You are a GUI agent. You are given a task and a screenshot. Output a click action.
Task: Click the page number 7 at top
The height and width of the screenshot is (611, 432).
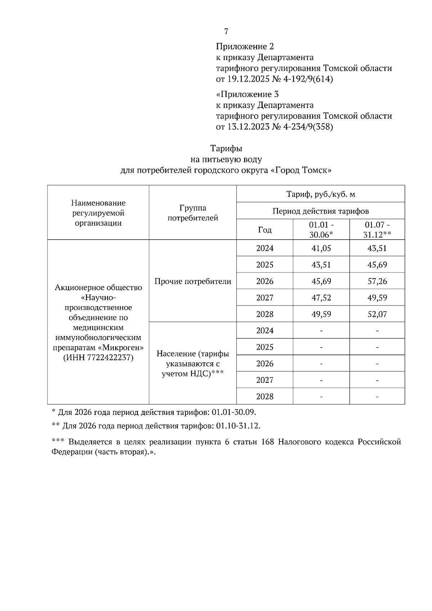click(226, 32)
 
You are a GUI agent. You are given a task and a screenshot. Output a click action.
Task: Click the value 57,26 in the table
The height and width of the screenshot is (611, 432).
click(377, 281)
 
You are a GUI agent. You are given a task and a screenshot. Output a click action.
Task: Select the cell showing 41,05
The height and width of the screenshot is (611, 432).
click(321, 248)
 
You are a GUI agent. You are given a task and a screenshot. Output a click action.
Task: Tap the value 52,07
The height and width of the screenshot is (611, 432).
click(377, 314)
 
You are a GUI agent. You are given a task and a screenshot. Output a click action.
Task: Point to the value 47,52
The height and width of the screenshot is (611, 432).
click(321, 298)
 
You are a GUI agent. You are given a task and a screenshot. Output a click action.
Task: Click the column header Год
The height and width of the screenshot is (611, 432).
click(265, 230)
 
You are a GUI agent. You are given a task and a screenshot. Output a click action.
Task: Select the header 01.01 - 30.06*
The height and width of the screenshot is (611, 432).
click(321, 230)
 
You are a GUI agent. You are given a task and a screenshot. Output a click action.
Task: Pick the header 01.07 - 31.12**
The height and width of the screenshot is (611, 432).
click(377, 230)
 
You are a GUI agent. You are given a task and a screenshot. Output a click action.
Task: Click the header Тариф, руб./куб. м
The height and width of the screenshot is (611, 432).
click(320, 194)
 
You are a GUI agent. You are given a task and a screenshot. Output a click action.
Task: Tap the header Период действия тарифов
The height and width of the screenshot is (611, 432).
click(320, 211)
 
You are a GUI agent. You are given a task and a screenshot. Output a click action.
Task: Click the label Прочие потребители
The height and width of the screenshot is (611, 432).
click(193, 281)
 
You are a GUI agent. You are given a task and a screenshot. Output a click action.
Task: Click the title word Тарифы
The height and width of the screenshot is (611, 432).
click(226, 148)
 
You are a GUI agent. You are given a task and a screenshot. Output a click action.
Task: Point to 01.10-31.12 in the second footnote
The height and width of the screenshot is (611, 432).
click(238, 426)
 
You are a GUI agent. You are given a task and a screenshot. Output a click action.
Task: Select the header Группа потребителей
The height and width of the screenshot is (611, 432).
click(193, 213)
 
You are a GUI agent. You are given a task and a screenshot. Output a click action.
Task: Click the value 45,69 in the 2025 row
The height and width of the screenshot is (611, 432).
click(377, 265)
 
